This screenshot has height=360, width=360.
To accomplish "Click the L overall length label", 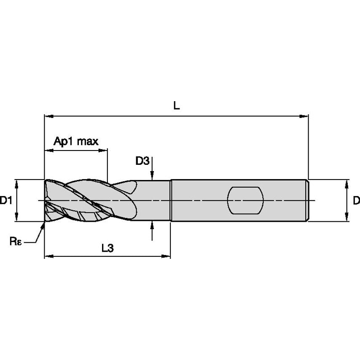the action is pyautogui.click(x=176, y=106).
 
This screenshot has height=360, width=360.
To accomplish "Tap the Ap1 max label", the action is pyautogui.click(x=76, y=141).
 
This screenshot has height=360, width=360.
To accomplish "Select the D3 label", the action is pyautogui.click(x=142, y=161).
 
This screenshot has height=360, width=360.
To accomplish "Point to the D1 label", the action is pyautogui.click(x=6, y=200).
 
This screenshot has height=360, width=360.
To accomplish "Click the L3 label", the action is pyautogui.click(x=107, y=248).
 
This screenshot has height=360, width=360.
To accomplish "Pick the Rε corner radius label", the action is pyautogui.click(x=16, y=241).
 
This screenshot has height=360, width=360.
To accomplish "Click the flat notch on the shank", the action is pyautogui.click(x=245, y=200).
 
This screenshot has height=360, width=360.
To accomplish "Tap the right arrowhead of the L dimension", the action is pyautogui.click(x=304, y=116).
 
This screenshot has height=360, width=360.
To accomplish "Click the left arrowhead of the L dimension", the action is pyautogui.click(x=49, y=116).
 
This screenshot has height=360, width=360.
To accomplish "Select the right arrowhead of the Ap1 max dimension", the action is pyautogui.click(x=103, y=150).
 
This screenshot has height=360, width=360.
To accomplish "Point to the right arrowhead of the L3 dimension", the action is pyautogui.click(x=166, y=256).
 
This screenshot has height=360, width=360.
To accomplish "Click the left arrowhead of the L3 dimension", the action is pyautogui.click(x=49, y=256).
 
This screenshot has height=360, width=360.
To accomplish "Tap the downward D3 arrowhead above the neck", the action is pyautogui.click(x=152, y=176).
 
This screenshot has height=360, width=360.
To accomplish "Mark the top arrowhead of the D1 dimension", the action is pyautogui.click(x=16, y=184).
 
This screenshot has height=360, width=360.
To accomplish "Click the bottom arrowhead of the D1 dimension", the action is pyautogui.click(x=16, y=217).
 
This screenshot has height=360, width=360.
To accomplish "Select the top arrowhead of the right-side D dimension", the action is pyautogui.click(x=347, y=184).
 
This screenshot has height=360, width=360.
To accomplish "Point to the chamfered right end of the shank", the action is pyautogui.click(x=307, y=200).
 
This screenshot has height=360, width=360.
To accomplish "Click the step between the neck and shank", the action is pyautogui.click(x=171, y=200).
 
